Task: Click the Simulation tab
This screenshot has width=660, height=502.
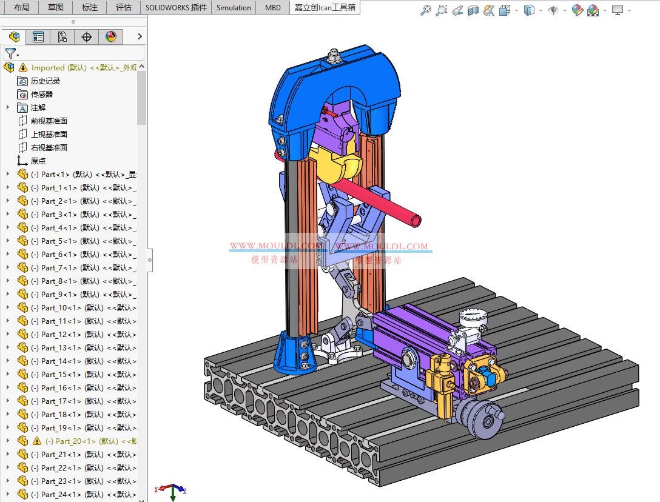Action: pyautogui.click(x=234, y=8)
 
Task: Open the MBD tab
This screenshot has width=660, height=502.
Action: pyautogui.click(x=272, y=8)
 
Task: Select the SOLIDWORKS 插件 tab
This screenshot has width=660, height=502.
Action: pyautogui.click(x=176, y=8)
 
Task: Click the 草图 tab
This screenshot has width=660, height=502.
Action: pyautogui.click(x=55, y=8)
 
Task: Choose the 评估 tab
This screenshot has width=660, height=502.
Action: pyautogui.click(x=123, y=8)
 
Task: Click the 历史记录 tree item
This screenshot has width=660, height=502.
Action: pyautogui.click(x=45, y=81)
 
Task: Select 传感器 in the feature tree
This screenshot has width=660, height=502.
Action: pyautogui.click(x=42, y=94)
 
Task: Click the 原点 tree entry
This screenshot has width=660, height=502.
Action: pyautogui.click(x=38, y=161)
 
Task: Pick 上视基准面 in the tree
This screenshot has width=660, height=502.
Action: pyautogui.click(x=49, y=134)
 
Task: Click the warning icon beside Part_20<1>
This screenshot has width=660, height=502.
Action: pyautogui.click(x=36, y=441)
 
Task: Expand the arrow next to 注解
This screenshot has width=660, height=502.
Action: pyautogui.click(x=8, y=107)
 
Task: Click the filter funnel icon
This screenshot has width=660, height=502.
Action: pyautogui.click(x=10, y=53)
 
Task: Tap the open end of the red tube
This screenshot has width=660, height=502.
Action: pyautogui.click(x=416, y=219)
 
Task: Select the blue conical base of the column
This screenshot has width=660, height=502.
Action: pyautogui.click(x=295, y=354)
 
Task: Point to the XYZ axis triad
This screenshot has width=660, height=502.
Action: pyautogui.click(x=172, y=490)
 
